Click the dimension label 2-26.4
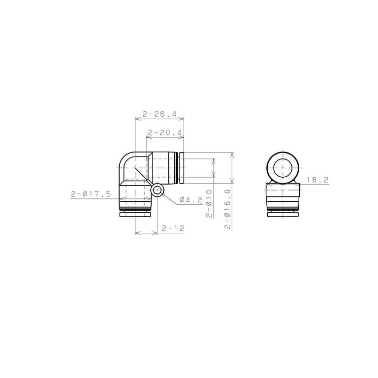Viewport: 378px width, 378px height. [159, 114]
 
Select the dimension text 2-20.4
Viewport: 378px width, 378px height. [165, 132]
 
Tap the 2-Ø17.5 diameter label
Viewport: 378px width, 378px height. [91, 194]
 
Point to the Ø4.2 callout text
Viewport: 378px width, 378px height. [191, 200]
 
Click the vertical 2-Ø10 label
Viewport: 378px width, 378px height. [209, 204]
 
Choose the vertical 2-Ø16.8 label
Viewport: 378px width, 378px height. [227, 209]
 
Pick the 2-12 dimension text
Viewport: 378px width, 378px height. [173, 228]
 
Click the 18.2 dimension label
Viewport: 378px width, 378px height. [317, 180]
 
